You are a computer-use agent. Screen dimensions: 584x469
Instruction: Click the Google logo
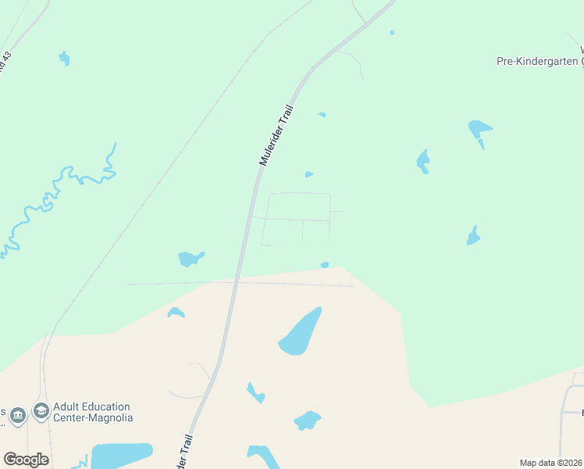(x=26, y=460)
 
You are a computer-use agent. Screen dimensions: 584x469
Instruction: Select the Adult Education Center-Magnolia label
(x=92, y=412)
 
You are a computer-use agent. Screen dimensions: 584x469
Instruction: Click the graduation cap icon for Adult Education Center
(x=41, y=412)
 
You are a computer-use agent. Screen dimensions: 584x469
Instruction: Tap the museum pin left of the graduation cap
(x=17, y=416)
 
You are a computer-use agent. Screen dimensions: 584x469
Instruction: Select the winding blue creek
(x=59, y=192)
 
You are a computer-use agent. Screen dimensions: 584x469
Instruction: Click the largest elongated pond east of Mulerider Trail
(x=300, y=331)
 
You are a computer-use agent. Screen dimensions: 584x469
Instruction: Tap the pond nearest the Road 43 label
(x=64, y=58)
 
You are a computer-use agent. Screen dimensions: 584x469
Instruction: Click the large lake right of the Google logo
(x=121, y=456)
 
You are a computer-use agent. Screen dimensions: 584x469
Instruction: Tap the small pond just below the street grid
(x=324, y=265)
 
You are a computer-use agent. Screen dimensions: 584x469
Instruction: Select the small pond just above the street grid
(x=308, y=174)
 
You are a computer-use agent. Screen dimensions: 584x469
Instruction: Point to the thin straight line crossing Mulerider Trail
(x=297, y=284)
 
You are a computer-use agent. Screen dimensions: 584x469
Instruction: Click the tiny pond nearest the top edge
(x=391, y=33)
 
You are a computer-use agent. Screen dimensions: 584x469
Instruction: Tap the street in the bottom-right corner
(x=564, y=414)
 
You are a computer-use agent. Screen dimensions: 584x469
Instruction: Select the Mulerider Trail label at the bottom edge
(x=182, y=453)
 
